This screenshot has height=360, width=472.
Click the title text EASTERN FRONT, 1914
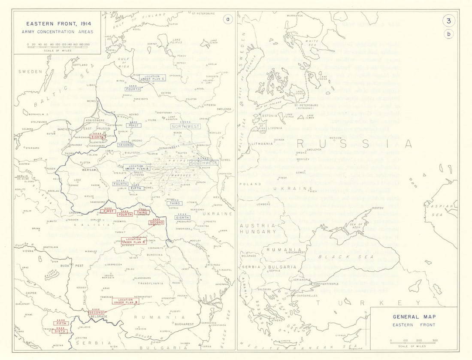pos(57,24)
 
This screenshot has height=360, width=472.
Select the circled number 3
pos(449,21)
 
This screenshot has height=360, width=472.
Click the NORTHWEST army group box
pos(185,126)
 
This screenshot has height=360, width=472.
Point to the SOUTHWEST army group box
pos(204,163)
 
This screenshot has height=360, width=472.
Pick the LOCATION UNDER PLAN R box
pos(134,241)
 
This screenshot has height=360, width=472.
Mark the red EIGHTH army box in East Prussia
pos(97,137)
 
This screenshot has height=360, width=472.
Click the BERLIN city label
pos(21,176)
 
